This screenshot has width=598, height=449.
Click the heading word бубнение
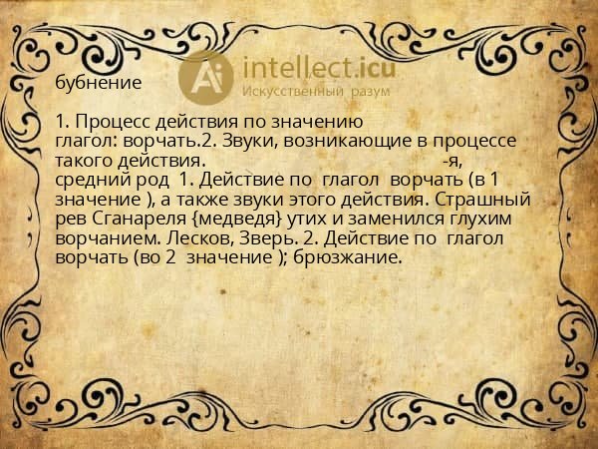[100, 80]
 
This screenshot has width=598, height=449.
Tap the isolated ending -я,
[453, 159]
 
